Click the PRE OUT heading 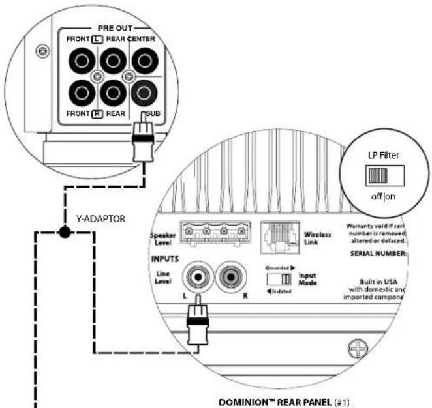click(x=116, y=28)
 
